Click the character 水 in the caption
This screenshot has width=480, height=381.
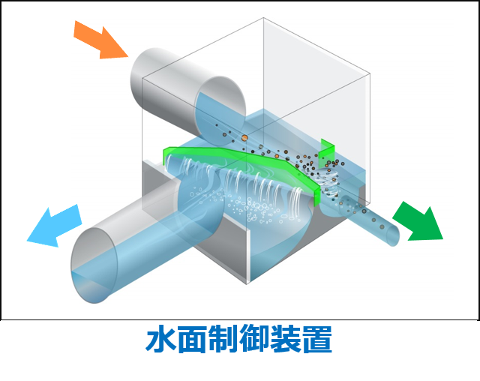click(x=160, y=340)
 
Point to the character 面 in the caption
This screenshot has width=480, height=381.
click(x=194, y=340)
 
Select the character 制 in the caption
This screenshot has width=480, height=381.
click(x=229, y=340)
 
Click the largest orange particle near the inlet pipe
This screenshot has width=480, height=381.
click(x=244, y=137)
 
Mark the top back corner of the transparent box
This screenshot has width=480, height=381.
click(x=263, y=17)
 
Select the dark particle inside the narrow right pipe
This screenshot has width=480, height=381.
click(x=364, y=211)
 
